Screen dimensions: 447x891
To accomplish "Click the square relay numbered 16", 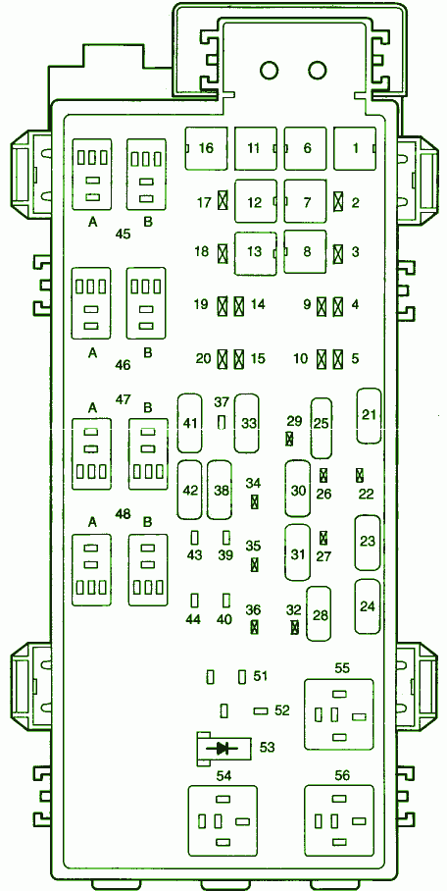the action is [206, 148].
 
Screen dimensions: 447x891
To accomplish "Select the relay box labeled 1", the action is [355, 148].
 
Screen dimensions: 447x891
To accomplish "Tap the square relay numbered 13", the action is [256, 253].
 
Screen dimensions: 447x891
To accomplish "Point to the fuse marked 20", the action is [223, 358].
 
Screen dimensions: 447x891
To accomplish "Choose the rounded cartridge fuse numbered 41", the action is [190, 422].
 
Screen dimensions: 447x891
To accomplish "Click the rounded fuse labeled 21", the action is [370, 415].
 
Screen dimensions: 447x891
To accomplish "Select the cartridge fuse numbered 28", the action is [320, 614].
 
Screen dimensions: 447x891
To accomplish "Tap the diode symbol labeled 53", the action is [223, 749].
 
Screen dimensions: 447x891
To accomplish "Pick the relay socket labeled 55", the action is [339, 714].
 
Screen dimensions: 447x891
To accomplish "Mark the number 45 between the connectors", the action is [123, 233].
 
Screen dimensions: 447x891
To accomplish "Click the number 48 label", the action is [123, 514].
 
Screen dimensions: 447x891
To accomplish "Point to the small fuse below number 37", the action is [223, 422].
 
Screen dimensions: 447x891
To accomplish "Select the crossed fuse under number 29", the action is [290, 439].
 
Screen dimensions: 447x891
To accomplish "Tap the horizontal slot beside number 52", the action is [261, 710].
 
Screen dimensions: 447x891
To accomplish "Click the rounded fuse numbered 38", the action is [220, 490].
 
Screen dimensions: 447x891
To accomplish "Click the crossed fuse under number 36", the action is [255, 627].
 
